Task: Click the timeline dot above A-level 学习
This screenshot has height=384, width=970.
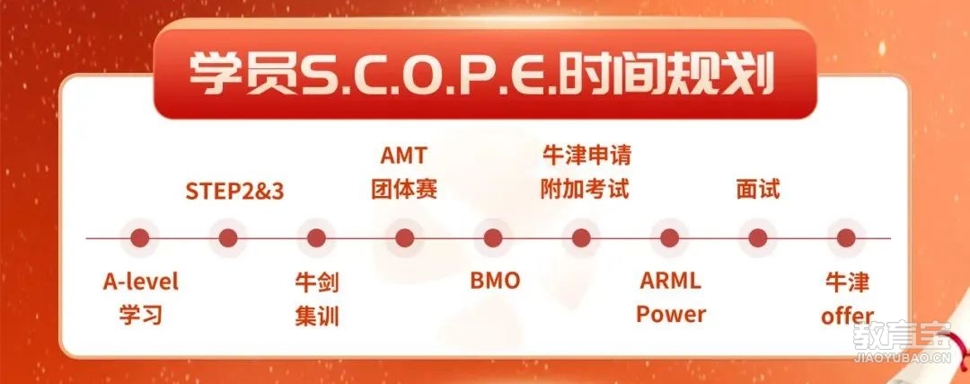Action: (x=140, y=237)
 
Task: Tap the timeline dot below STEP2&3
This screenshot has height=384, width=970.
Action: (x=228, y=237)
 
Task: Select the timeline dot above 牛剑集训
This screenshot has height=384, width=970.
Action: (x=316, y=237)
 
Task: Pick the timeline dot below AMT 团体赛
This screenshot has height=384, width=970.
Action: (x=404, y=237)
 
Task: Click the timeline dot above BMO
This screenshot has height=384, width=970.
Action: (x=493, y=237)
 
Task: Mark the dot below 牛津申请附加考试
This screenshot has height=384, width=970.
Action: (x=581, y=237)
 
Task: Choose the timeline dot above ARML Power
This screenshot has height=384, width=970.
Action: (x=669, y=237)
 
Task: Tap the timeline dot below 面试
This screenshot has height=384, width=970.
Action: (x=758, y=237)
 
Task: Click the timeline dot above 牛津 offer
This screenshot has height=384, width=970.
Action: (x=846, y=237)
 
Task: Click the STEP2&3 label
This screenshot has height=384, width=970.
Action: (x=234, y=192)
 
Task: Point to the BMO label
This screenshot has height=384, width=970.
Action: (x=495, y=281)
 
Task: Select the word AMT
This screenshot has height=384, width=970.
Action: (x=404, y=156)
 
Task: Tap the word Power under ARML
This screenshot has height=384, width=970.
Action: (x=671, y=315)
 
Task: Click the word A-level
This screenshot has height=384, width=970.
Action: (x=140, y=281)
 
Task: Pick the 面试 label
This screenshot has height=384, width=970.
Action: (x=758, y=189)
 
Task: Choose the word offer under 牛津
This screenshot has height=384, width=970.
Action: (x=847, y=316)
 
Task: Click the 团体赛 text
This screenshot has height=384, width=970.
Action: (x=404, y=189)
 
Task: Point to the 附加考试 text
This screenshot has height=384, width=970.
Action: (x=585, y=189)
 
